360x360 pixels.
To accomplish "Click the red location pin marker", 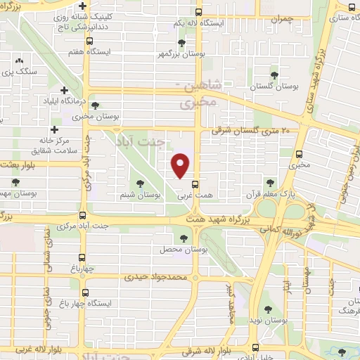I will (x=181, y=165).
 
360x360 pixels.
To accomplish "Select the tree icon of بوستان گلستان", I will (x=274, y=75).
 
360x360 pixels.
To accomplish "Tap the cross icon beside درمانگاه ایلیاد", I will (x=65, y=91).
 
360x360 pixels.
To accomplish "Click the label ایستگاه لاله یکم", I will (x=200, y=23).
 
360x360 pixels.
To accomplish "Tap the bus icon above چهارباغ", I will (x=83, y=257).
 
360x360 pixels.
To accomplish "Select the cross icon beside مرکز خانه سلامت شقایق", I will (x=54, y=129).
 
